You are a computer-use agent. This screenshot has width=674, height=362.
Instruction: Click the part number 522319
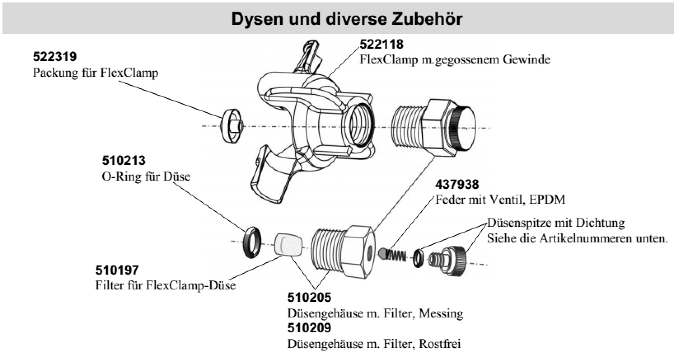pyautogui.click(x=55, y=56)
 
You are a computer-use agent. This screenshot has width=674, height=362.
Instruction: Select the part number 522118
pyautogui.click(x=381, y=44)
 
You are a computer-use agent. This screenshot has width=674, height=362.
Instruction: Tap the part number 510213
pyautogui.click(x=124, y=160)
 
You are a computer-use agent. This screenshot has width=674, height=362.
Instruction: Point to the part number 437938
pyautogui.click(x=457, y=184)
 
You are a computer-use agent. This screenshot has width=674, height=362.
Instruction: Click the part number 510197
pyautogui.click(x=117, y=270)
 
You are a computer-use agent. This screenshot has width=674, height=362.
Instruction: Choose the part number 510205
pyautogui.click(x=309, y=297)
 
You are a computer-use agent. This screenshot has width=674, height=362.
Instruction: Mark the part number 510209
pyautogui.click(x=309, y=328)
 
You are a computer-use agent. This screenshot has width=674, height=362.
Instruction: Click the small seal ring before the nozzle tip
pyautogui.click(x=419, y=257)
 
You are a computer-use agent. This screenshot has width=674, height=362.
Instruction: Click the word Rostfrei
pyautogui.click(x=440, y=343)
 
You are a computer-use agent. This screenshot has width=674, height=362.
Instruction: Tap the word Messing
pyautogui.click(x=441, y=313)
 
